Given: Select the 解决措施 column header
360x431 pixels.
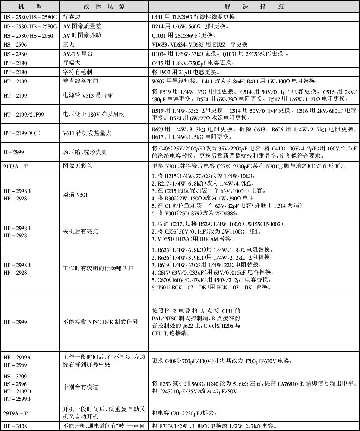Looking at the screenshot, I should pos(254,7).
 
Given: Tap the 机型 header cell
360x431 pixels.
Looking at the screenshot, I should pos(30,7).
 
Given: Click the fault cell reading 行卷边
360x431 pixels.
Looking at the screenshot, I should pos(72,17).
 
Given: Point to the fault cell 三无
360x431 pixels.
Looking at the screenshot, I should pos(68,45).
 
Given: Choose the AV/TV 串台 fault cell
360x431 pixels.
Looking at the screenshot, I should pos(78,54).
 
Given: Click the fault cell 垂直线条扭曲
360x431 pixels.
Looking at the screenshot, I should pos(80,81).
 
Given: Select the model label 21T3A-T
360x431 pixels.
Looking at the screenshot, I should pos(15,167).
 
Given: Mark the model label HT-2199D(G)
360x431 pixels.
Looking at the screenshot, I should pos(23,133).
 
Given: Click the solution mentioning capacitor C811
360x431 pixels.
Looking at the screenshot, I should pos(189,413).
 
